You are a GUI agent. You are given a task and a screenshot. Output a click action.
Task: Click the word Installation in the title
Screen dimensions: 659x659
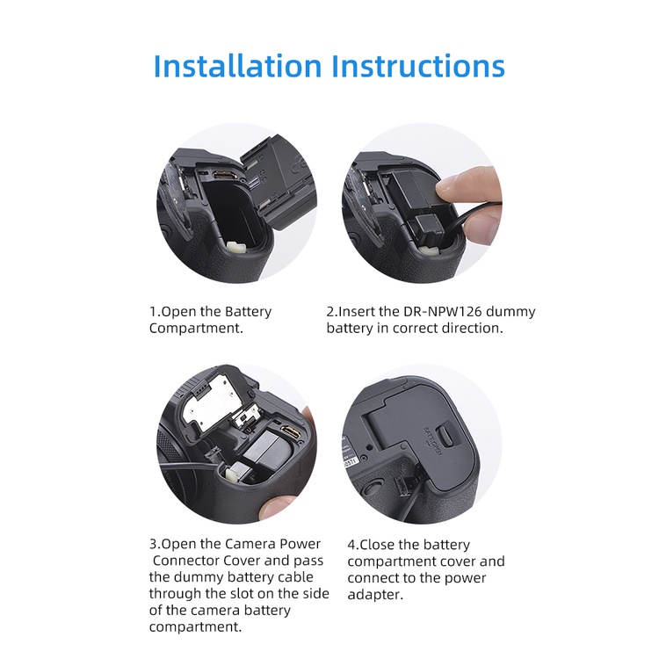click(237, 66)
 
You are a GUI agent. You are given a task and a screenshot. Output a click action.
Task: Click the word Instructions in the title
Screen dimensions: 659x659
click(418, 66)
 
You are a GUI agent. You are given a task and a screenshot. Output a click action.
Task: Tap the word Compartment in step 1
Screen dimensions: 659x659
click(194, 329)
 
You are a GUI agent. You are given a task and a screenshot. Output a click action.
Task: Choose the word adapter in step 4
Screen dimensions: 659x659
click(373, 595)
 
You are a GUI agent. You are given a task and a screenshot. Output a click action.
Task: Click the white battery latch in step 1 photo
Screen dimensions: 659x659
click(235, 247)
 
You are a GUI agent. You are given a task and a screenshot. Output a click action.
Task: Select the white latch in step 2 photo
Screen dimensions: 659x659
click(428, 250)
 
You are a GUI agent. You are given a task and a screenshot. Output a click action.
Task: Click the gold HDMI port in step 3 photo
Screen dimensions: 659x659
click(292, 433)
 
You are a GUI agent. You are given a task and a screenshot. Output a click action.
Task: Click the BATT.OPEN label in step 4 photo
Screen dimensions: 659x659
click(432, 441)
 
